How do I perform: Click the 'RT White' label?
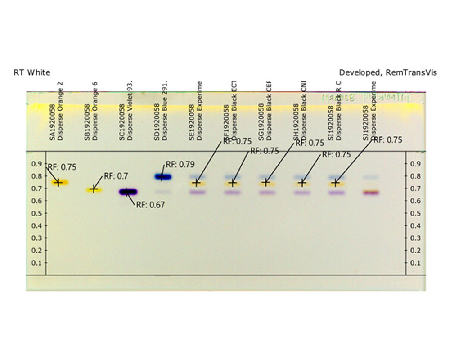32,72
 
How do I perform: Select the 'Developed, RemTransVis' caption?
387,72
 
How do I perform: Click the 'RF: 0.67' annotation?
150,205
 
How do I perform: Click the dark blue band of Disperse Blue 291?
163,177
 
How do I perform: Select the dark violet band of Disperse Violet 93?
128,192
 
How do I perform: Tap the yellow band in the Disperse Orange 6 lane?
94,189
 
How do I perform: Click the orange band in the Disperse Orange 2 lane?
58,183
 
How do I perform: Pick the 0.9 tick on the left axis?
36,164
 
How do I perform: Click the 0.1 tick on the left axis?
36,263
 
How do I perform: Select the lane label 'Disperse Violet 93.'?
130,111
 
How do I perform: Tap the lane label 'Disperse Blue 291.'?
164,111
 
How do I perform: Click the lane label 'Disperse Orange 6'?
95,111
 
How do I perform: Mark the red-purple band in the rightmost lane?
371,193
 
